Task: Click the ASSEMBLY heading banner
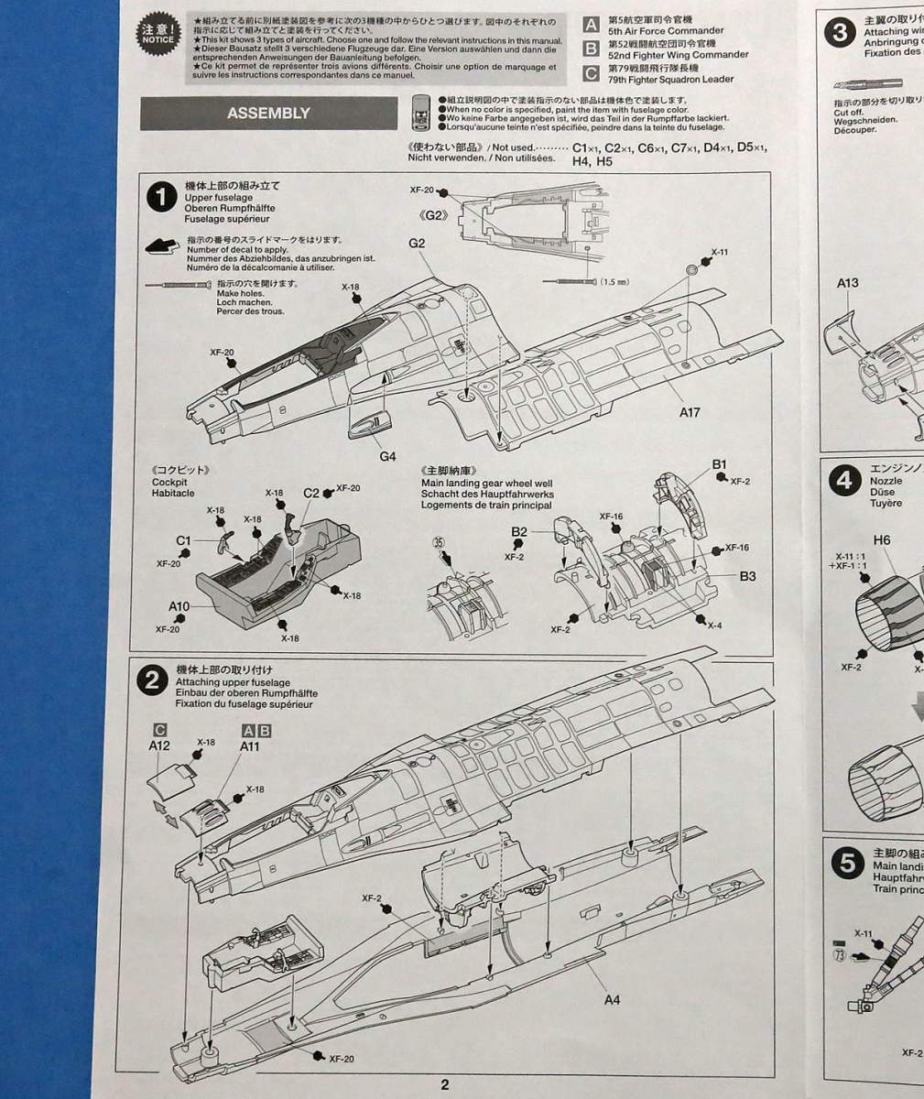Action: click(x=267, y=114)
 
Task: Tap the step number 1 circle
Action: click(x=162, y=197)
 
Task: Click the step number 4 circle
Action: click(x=843, y=480)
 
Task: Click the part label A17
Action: click(x=690, y=412)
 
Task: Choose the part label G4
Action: click(x=387, y=456)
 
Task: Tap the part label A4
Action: click(x=613, y=999)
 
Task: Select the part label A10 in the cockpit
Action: click(x=179, y=606)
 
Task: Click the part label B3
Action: click(x=748, y=576)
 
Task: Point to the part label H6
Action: click(x=881, y=540)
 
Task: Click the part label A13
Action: click(x=847, y=283)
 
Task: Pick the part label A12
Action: click(x=159, y=746)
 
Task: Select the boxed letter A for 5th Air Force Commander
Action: click(x=592, y=25)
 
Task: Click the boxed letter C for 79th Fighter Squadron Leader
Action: click(x=592, y=72)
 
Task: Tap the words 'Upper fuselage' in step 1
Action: click(x=219, y=197)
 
